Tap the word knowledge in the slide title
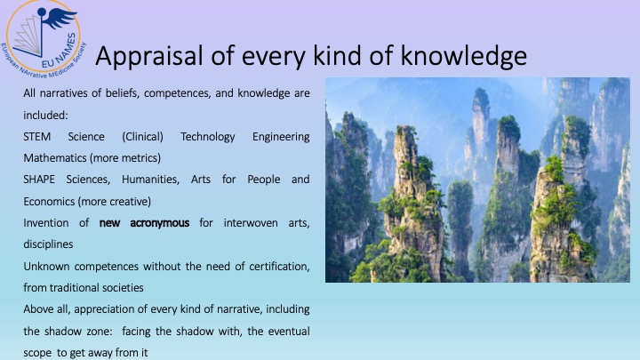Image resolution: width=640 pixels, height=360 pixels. click(x=463, y=56)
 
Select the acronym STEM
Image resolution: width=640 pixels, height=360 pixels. click(x=36, y=136)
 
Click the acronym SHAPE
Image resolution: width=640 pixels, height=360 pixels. click(x=39, y=180)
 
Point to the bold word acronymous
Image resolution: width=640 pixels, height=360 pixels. click(x=160, y=223)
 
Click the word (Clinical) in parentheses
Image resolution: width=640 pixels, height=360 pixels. click(x=142, y=137)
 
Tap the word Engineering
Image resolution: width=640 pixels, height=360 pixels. click(x=281, y=137)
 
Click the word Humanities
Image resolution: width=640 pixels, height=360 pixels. click(x=150, y=180)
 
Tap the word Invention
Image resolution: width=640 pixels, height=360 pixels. click(x=46, y=223)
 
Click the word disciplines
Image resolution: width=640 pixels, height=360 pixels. click(x=48, y=244)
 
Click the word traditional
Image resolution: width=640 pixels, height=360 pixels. click(x=75, y=288)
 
